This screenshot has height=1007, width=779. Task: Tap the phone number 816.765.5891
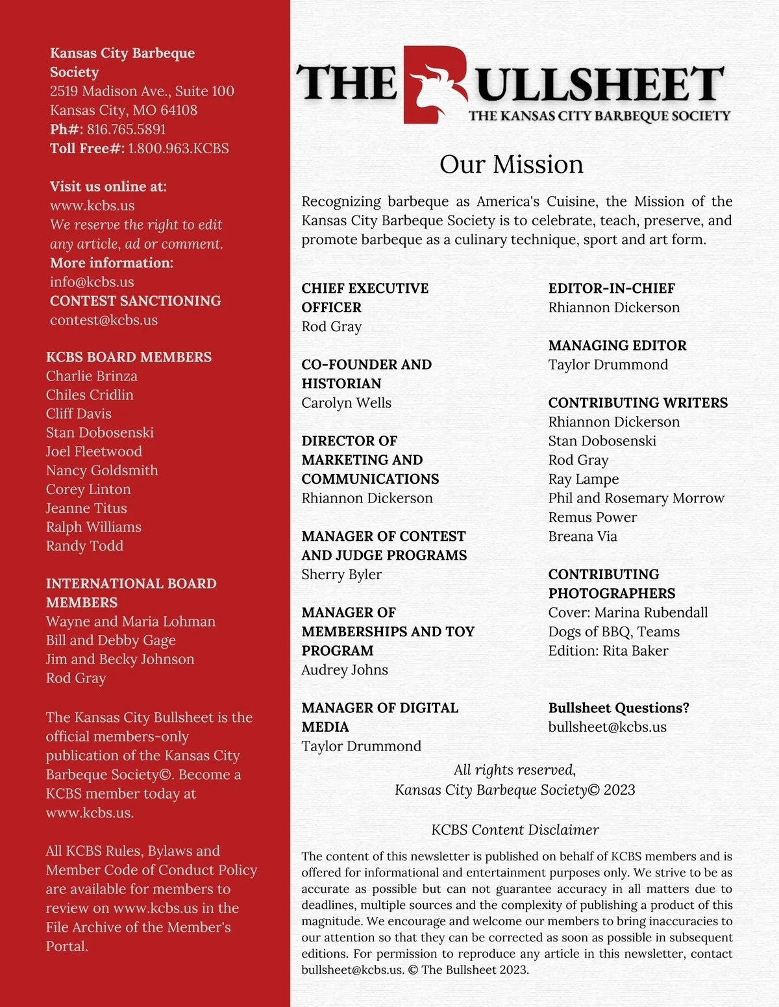pyautogui.click(x=126, y=129)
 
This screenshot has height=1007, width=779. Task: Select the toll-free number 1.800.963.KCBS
pyautogui.click(x=179, y=148)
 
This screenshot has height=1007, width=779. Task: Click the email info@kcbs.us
pyautogui.click(x=92, y=282)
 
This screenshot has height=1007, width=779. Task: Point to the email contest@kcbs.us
pyautogui.click(x=104, y=320)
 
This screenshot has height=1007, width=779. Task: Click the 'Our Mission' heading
pyautogui.click(x=511, y=164)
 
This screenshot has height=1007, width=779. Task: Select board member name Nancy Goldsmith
pyautogui.click(x=102, y=470)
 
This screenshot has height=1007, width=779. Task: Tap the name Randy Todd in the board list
pyautogui.click(x=84, y=545)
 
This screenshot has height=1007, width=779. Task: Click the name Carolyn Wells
pyautogui.click(x=346, y=403)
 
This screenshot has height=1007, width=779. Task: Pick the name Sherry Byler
pyautogui.click(x=341, y=574)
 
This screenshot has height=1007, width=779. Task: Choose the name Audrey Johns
pyautogui.click(x=345, y=669)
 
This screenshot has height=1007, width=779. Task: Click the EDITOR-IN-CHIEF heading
pyautogui.click(x=612, y=288)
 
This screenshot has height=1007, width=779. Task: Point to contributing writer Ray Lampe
pyautogui.click(x=584, y=479)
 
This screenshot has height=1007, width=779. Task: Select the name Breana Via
pyautogui.click(x=582, y=536)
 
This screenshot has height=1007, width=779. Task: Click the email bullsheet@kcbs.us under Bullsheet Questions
pyautogui.click(x=607, y=727)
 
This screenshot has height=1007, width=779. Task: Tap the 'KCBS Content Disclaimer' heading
pyautogui.click(x=515, y=830)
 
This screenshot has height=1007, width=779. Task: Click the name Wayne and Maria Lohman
pyautogui.click(x=130, y=621)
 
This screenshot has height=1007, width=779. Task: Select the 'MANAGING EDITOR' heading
pyautogui.click(x=617, y=345)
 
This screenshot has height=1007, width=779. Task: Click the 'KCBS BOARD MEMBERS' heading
pyautogui.click(x=129, y=357)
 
